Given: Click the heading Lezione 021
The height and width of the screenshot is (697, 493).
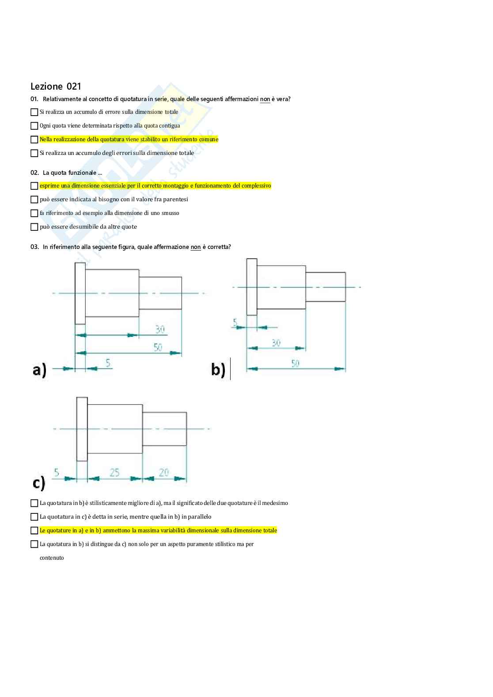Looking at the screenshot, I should (56, 87).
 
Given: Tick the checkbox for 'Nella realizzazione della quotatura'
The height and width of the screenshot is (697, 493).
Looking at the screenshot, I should (34, 139).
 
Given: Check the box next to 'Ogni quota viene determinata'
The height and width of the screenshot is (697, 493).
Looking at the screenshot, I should (34, 126).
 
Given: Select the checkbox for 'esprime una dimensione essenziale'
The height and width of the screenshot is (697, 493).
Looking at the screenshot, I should (34, 186).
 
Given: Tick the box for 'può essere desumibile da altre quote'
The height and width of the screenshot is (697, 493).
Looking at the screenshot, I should (34, 227).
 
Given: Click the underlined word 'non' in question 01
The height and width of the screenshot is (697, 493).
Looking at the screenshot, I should (265, 99).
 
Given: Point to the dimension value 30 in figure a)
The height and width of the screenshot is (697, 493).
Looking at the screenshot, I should (160, 329).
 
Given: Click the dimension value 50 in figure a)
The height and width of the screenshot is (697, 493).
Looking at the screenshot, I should (158, 347).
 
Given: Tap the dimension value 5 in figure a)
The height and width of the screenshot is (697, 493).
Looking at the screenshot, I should (108, 363).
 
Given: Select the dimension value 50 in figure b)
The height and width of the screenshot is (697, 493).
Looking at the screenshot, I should (295, 363).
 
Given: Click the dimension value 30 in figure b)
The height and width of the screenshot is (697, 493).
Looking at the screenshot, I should (276, 343).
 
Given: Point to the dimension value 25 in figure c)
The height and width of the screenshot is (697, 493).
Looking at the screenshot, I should (114, 472).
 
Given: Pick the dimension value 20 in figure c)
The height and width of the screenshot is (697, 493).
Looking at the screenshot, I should (164, 472).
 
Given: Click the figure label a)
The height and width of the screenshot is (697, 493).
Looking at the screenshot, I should (39, 370).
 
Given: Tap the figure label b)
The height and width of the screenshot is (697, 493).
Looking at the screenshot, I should (218, 369).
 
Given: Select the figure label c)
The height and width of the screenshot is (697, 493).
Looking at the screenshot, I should (39, 483).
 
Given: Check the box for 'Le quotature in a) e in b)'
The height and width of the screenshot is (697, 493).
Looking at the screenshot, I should (34, 531).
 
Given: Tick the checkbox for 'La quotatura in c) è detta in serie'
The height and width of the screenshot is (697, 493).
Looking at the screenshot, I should (34, 517).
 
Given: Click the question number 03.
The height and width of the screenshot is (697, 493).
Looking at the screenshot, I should (34, 247).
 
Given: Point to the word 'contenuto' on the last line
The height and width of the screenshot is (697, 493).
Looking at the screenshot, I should (52, 558).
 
